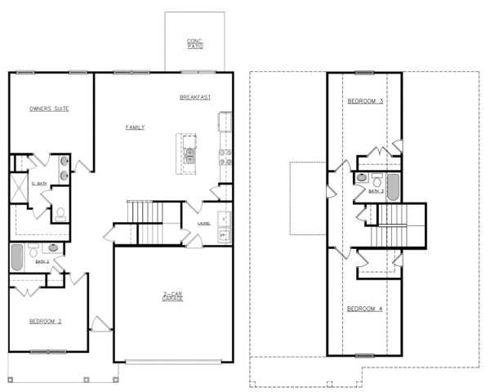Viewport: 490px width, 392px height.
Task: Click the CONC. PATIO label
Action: point(194,43)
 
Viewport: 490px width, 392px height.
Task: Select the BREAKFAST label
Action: point(195,97)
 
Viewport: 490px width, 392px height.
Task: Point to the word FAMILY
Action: point(135,127)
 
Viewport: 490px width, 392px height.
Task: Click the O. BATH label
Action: point(38,184)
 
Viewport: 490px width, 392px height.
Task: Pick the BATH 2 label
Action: point(42,261)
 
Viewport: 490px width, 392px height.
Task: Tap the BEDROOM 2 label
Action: point(45,321)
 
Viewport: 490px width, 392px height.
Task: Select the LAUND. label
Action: point(205,222)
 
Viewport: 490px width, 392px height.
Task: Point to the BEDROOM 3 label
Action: point(365,101)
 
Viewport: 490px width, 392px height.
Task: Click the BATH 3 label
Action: point(376,191)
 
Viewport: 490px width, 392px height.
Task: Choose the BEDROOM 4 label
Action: point(364,309)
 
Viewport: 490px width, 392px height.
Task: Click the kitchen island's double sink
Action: point(190,154)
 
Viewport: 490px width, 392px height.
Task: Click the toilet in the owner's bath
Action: point(60,215)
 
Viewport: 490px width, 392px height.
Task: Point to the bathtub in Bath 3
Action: point(393,187)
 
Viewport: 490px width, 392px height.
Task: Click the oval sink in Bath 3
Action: point(362,177)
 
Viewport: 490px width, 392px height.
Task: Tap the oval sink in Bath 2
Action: point(53,247)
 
